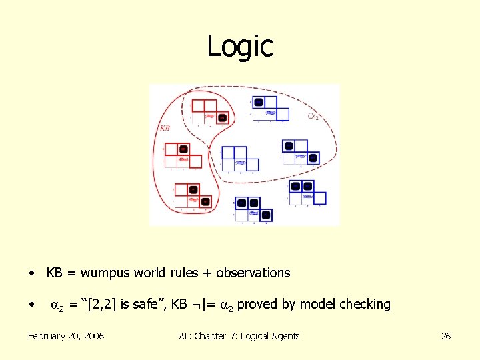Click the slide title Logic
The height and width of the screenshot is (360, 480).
(x=240, y=46)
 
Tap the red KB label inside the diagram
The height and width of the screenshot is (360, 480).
(x=165, y=128)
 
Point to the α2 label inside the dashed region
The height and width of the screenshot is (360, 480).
(x=313, y=116)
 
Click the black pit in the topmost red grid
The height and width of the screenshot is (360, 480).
(x=223, y=118)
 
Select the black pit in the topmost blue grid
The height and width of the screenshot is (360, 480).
(x=257, y=102)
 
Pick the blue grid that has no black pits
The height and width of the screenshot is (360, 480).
(x=239, y=159)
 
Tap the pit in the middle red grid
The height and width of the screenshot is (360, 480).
(x=184, y=149)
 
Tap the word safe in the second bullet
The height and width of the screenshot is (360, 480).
(x=139, y=305)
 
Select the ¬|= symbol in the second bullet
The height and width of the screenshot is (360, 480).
(x=203, y=305)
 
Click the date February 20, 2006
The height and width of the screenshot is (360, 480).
(x=66, y=336)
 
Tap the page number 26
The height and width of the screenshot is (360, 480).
(x=446, y=336)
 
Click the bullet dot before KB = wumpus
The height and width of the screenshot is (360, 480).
(x=31, y=273)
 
